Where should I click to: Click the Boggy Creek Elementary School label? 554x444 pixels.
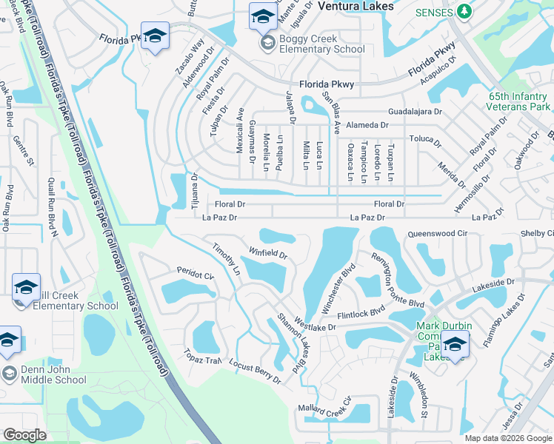(321, 44)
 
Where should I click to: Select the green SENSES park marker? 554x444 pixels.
(464, 11)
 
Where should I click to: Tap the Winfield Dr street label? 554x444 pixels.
(267, 254)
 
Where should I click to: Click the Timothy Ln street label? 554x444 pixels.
(226, 259)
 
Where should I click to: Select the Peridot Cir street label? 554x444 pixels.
(195, 273)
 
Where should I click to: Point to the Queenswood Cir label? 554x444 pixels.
(436, 233)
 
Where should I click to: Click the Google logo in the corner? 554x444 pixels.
(24, 434)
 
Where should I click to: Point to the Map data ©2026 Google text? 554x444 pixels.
(507, 438)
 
